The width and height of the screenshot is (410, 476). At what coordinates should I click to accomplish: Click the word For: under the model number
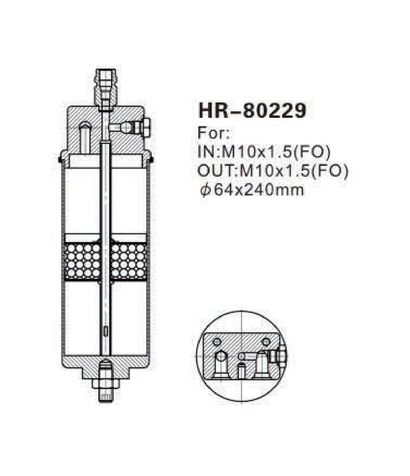[x=214, y=134]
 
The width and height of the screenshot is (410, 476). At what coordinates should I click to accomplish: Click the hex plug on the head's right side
[x=146, y=127]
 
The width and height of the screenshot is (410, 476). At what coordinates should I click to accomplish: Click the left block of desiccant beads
[x=82, y=260]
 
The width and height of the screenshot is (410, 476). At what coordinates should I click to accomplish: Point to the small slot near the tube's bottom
[x=105, y=331]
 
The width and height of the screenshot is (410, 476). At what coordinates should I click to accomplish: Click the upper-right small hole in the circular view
[x=265, y=342]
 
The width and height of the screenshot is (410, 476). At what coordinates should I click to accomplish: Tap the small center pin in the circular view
[x=241, y=370]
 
